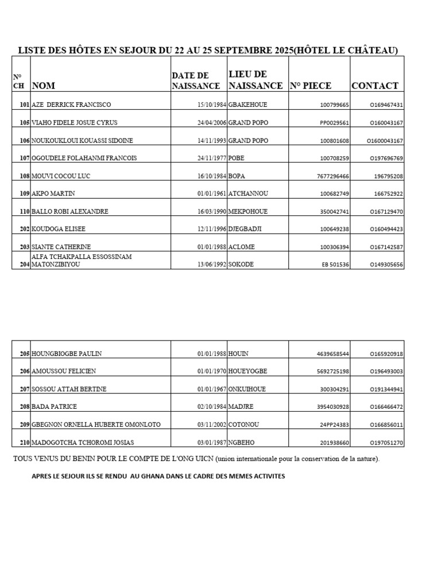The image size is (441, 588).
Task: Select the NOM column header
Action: click(44, 86)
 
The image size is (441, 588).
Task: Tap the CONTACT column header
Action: click(374, 86)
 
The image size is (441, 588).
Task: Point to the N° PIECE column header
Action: click(311, 86)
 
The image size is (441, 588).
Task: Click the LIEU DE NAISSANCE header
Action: click(256, 80)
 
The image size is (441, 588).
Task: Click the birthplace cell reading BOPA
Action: click(237, 176)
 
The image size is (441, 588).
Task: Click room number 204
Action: click(24, 265)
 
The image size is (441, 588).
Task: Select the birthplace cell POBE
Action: click(237, 158)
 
